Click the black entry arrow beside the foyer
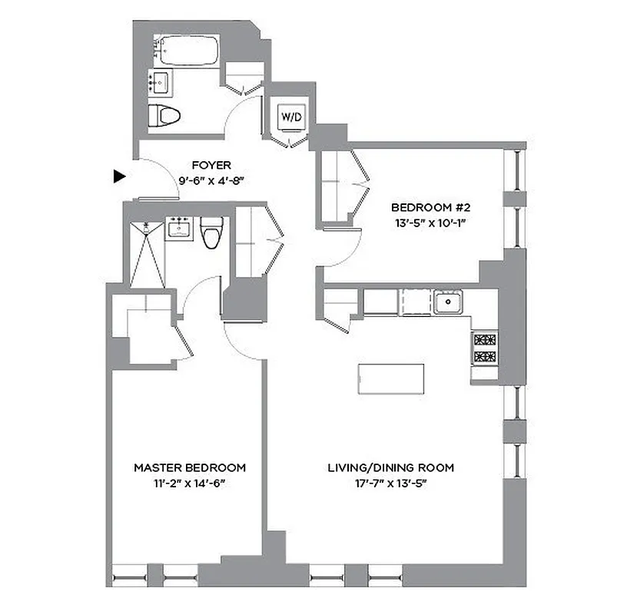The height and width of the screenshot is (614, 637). coord(118,176)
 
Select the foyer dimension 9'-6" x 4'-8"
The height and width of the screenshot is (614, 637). coord(211,180)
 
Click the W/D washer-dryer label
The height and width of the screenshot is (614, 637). coord(291,117)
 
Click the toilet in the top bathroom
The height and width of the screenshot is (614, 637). coord(164,116)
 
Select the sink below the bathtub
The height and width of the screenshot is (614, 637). coord(160,81)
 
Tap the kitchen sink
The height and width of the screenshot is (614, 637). coord(446,302)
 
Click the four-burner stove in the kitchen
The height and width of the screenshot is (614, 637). coord(484,348)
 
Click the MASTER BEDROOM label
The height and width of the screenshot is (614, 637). coord(190,467)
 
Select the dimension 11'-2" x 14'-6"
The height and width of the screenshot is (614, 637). coord(190,484)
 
